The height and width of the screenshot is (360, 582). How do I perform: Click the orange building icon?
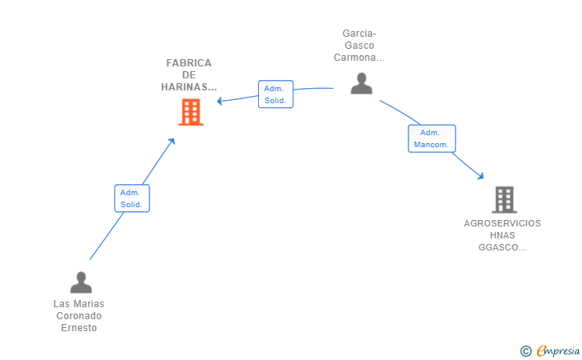coord(191,112)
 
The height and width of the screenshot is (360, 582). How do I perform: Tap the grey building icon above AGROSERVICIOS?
coord(504,199)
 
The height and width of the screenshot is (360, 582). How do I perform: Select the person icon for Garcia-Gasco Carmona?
coord(361,83)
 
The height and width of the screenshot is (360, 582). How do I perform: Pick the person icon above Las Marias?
coord(81,282)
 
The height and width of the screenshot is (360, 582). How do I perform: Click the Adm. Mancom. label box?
coord(432,138)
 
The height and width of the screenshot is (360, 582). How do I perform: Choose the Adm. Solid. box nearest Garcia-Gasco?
coord(276,94)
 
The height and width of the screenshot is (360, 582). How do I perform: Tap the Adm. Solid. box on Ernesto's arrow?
coord(132,198)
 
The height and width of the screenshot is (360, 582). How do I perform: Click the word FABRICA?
coord(189,62)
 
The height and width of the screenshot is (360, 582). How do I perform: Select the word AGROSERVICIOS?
coord(502,223)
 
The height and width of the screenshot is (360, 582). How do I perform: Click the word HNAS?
coord(502,235)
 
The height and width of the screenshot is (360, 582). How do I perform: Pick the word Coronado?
coord(78,316)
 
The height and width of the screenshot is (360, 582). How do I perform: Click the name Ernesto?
coord(78,328)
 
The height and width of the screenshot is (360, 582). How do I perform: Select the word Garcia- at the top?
coord(359,34)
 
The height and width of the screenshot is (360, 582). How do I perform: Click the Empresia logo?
coord(558,350)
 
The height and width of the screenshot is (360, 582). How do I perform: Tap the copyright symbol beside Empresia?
coord(525,351)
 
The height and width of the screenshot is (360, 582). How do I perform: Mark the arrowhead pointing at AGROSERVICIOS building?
coord(480,176)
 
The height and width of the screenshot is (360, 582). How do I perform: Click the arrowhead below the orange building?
coord(171,141)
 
